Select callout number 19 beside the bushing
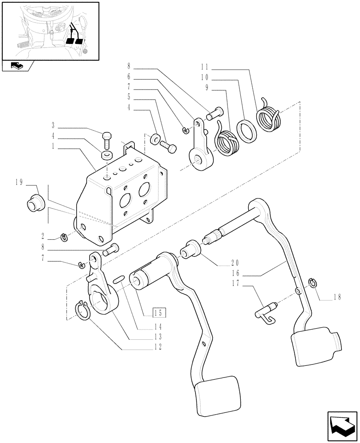tap(31, 182)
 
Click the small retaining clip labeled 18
tap(313, 282)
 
